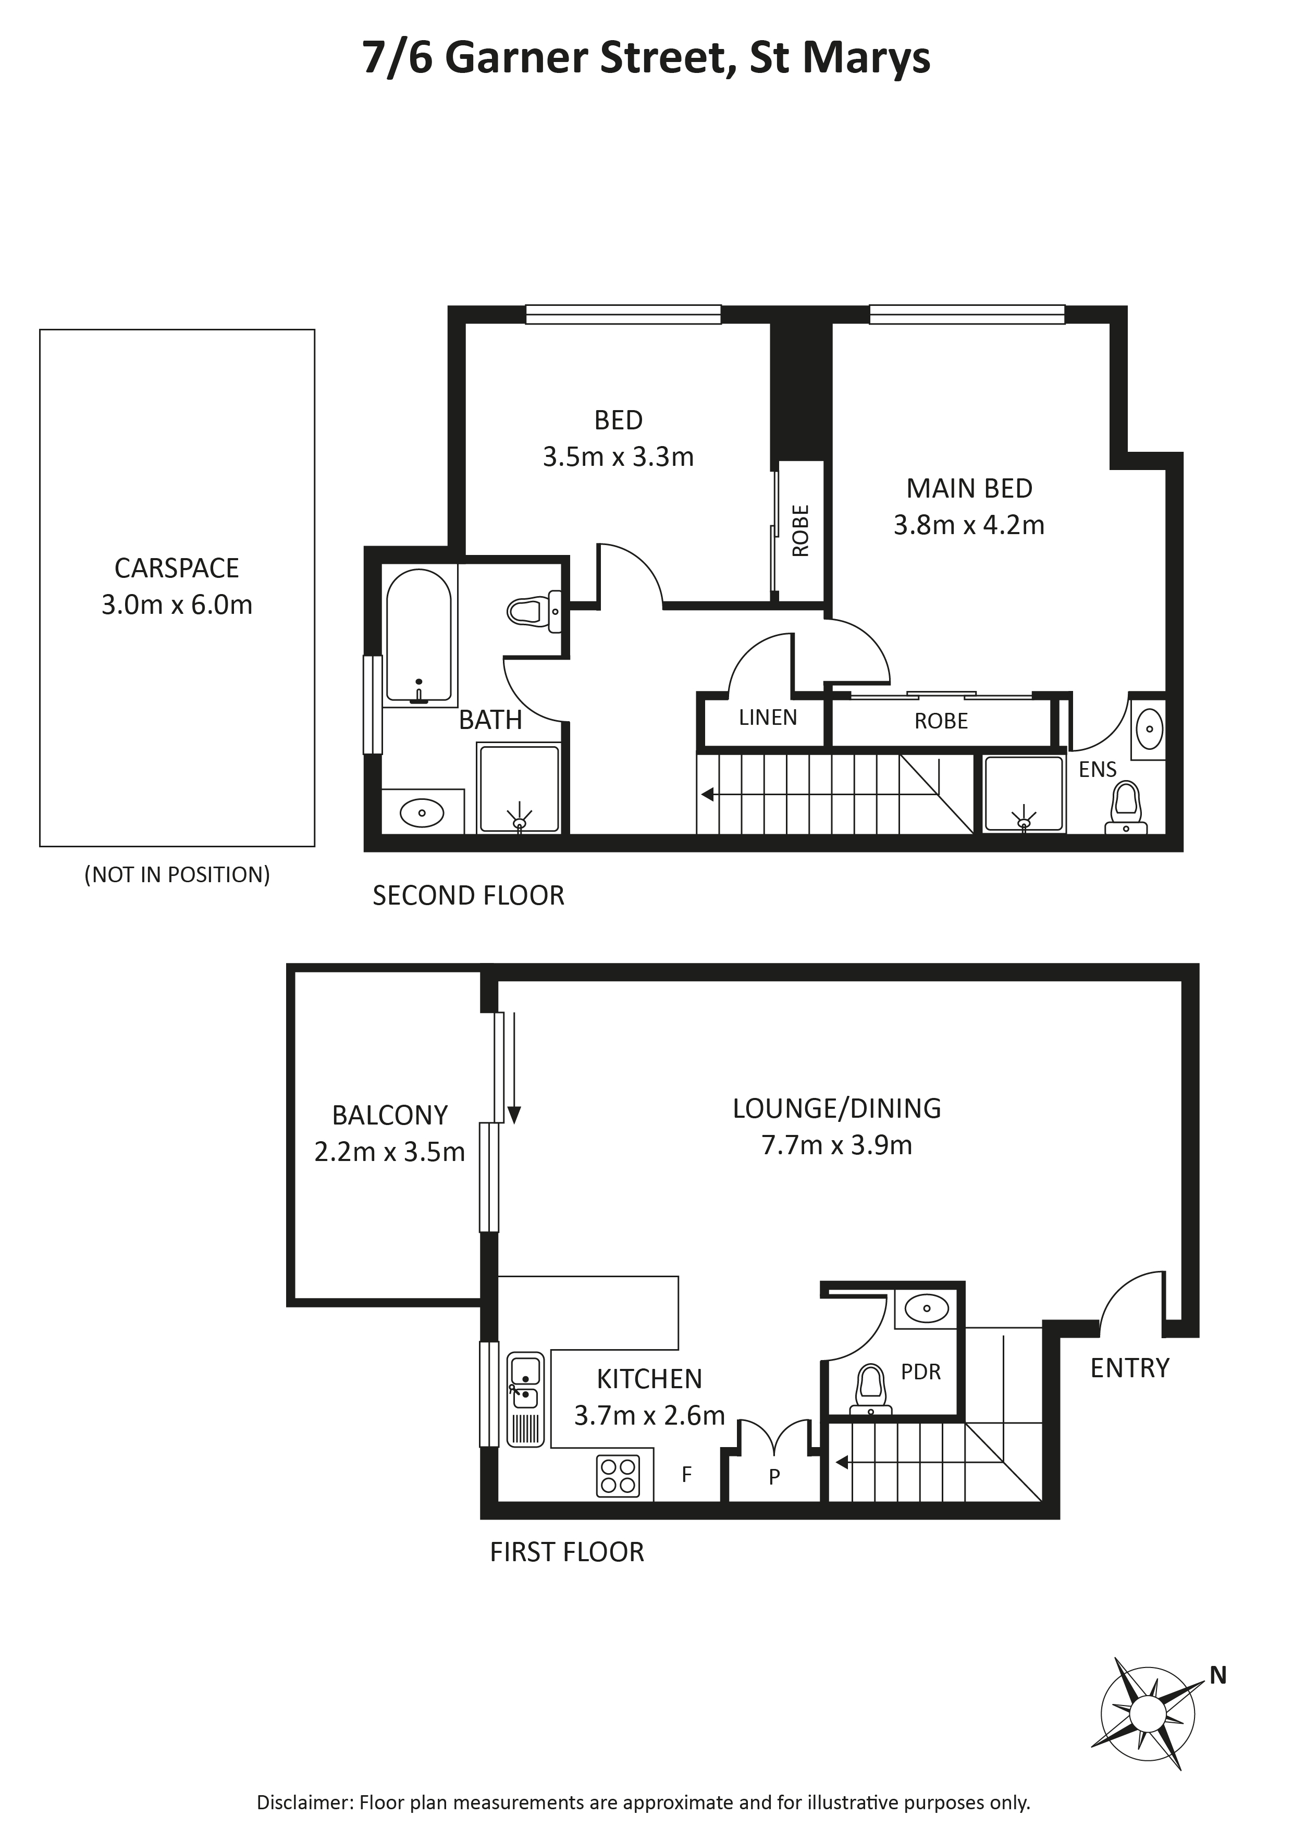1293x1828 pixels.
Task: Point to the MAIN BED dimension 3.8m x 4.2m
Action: tap(969, 525)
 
